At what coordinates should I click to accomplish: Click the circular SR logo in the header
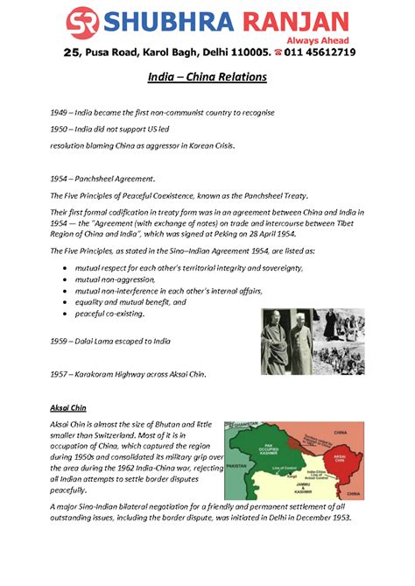83,23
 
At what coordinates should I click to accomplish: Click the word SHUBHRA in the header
160,21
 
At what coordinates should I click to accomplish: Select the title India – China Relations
207,78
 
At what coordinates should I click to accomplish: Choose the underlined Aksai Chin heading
67,407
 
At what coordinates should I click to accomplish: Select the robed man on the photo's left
277,342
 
